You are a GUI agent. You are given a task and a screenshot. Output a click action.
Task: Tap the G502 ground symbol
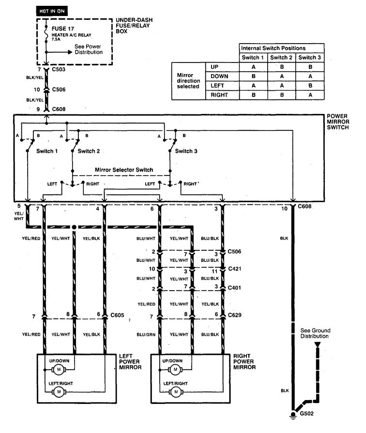[x=293, y=415]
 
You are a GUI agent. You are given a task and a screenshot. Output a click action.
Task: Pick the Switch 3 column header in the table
[x=310, y=58]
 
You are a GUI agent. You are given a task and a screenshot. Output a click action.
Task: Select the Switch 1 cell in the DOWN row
[x=254, y=76]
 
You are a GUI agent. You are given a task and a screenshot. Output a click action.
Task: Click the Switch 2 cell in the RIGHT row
[x=282, y=95]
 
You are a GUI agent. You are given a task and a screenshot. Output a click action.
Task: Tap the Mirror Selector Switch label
[x=123, y=170]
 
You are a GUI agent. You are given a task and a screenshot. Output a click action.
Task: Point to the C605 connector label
[x=117, y=315]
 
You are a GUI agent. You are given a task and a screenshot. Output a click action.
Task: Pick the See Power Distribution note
[x=89, y=49]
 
